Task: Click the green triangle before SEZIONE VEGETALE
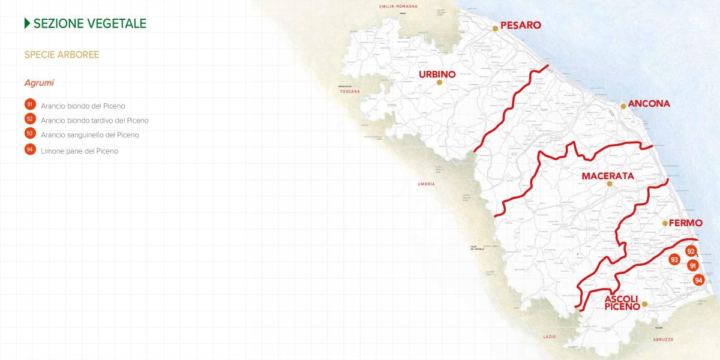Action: coord(27,23)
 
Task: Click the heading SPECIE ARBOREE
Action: coord(62,55)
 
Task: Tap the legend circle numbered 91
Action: coord(30,105)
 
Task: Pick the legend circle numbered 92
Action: coord(30,119)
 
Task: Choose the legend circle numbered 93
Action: coord(30,134)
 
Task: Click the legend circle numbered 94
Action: coord(30,150)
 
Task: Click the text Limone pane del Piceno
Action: coord(79,151)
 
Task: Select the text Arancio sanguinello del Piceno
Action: coord(90,135)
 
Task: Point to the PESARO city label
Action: coord(520,26)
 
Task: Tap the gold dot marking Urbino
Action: coord(439,83)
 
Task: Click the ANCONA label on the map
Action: coord(649,104)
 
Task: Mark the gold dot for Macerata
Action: coord(609,184)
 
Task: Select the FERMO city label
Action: coord(685,223)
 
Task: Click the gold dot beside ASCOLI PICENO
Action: coord(644,304)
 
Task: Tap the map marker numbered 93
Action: coord(674,260)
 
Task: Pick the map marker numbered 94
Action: coord(698,280)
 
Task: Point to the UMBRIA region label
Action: coord(427,184)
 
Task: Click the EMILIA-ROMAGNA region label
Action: coord(398,7)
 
